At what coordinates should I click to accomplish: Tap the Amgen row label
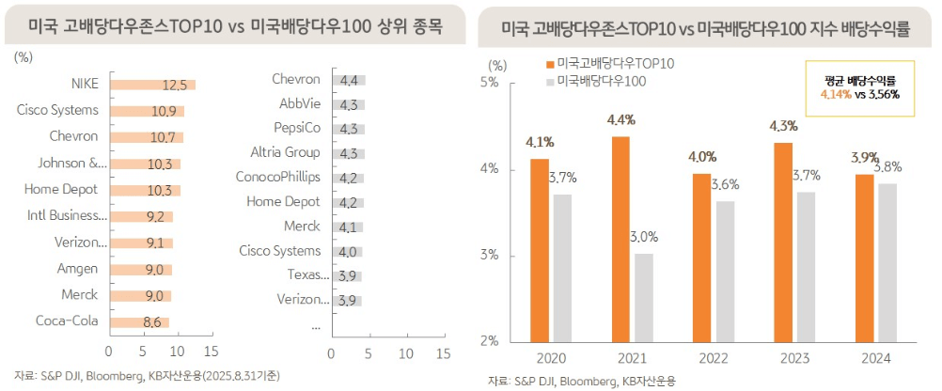point(78,270)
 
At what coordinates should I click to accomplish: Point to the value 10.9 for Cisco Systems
point(163,111)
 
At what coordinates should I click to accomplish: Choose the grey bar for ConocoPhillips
point(346,178)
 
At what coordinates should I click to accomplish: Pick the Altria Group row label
point(285,152)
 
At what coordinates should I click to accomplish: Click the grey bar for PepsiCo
point(347,129)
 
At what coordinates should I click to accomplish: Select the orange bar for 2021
point(620,239)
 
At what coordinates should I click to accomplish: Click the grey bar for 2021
point(643,297)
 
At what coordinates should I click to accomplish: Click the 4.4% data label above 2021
point(621,120)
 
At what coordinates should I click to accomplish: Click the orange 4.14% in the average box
point(835,94)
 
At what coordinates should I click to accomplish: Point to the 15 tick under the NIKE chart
point(210,353)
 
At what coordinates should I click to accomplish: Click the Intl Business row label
point(67,217)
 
